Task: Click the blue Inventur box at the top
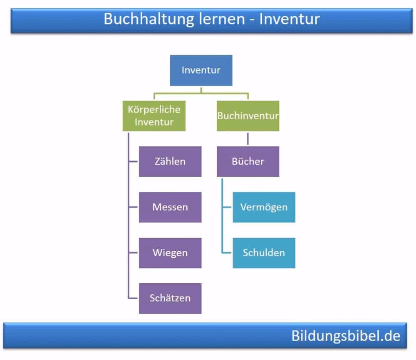(201, 70)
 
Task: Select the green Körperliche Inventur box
(154, 116)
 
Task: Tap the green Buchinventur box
(248, 116)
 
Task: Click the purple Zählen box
(170, 161)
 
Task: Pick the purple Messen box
(170, 207)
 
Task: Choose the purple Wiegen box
(170, 253)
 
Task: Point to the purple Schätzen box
(170, 298)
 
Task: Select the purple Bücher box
(248, 161)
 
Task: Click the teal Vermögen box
(264, 207)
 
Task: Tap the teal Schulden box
(264, 253)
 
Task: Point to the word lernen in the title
(208, 19)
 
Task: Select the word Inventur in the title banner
(290, 19)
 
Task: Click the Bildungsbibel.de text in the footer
(345, 335)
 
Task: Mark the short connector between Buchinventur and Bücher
(248, 138)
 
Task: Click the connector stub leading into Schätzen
(134, 298)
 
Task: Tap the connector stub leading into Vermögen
(227, 207)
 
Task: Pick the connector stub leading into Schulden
(227, 253)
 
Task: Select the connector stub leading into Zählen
(134, 161)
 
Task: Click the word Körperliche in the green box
(154, 110)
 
